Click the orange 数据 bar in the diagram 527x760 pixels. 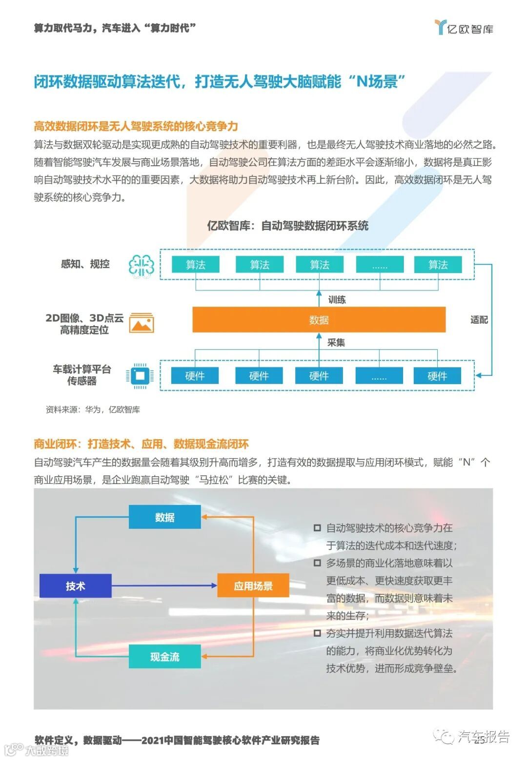(319, 320)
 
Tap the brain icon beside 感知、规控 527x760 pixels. (141, 266)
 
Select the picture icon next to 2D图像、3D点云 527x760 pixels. (142, 323)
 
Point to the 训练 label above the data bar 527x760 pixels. (337, 299)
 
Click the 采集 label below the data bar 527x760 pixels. (336, 343)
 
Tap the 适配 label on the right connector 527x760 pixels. (479, 320)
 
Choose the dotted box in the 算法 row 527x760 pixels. (380, 265)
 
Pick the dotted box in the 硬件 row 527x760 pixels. (379, 376)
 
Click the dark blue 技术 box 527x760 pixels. (76, 585)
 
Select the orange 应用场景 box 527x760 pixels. (253, 585)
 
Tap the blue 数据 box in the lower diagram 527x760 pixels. (164, 517)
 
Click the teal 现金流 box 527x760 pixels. (164, 657)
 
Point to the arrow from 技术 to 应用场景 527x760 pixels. (164, 585)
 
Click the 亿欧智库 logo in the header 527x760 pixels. (464, 28)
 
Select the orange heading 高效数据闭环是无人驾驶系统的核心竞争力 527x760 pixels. (136, 126)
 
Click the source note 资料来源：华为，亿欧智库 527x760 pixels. (93, 409)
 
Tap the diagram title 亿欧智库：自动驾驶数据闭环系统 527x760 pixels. (288, 226)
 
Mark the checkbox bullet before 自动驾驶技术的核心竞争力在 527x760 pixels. (317, 528)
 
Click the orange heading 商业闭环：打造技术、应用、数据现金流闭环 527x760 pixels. (141, 444)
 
